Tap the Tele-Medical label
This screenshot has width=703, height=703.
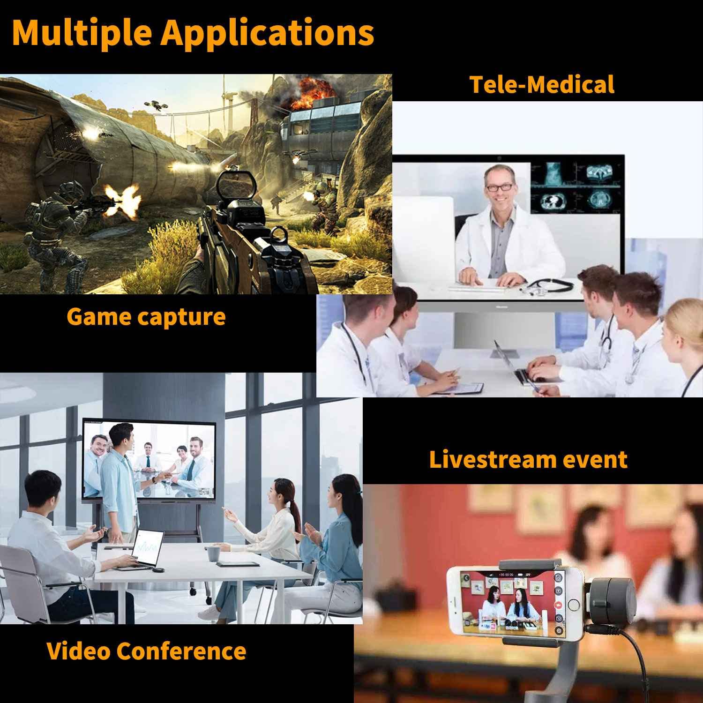(542, 84)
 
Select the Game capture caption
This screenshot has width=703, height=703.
(146, 316)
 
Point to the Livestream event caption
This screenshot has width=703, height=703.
(528, 459)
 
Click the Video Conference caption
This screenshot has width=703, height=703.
(146, 651)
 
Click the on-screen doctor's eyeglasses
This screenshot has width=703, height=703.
(499, 187)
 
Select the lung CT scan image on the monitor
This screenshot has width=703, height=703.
(554, 202)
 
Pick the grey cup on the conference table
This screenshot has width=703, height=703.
(213, 553)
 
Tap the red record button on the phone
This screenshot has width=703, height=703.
(558, 605)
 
